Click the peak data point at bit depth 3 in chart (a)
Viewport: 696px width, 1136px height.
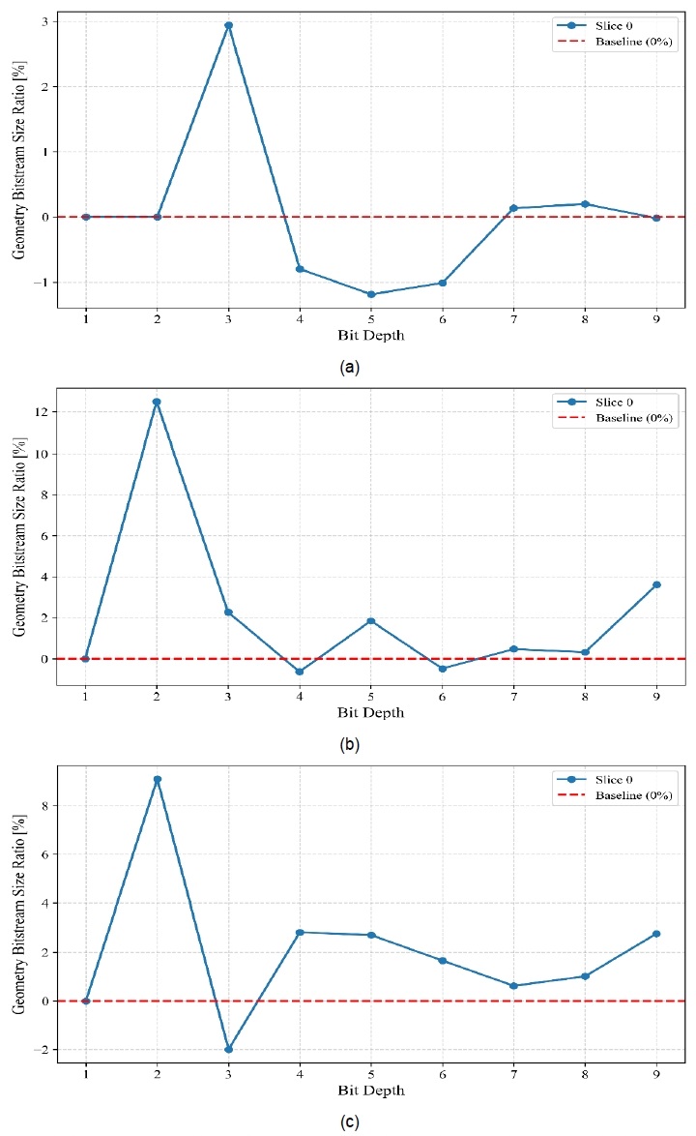point(228,25)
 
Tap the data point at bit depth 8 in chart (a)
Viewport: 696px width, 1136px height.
point(585,204)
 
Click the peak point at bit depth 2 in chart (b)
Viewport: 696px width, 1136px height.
point(157,402)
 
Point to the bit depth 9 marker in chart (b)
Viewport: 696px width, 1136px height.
point(656,584)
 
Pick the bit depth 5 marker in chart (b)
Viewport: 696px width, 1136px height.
point(371,621)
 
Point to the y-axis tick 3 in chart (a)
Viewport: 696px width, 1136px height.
point(45,21)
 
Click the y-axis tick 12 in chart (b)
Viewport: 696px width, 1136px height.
point(43,412)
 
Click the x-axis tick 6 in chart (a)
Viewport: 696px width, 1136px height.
point(443,319)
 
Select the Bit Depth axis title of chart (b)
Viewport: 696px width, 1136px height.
point(370,713)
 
